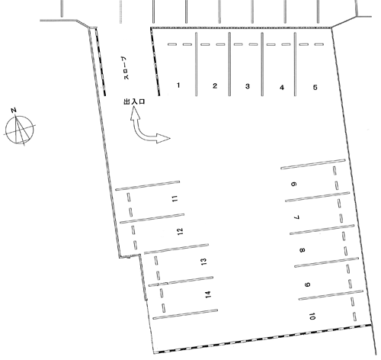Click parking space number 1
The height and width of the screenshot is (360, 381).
178,85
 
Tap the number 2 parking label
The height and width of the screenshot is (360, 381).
215,86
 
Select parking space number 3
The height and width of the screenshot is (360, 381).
248,86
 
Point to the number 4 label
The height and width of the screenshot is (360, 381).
282,88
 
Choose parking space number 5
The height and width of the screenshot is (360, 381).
315,88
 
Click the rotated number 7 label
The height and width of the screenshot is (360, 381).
296,217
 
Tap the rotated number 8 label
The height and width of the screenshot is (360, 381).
302,250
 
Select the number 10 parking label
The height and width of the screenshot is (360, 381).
312,317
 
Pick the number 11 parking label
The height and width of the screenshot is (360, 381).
174,198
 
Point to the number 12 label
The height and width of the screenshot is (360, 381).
180,231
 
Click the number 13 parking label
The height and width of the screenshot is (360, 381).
203,262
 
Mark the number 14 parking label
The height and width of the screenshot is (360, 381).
208,294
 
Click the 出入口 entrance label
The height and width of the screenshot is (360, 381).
134,101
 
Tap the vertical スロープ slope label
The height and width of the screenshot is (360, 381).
126,68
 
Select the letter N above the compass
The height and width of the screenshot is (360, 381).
14,110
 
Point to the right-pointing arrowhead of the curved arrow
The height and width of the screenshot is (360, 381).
163,138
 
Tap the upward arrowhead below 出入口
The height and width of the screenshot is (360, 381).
135,114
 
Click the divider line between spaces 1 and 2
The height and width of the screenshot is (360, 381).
196,64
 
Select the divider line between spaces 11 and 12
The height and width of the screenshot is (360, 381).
152,218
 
